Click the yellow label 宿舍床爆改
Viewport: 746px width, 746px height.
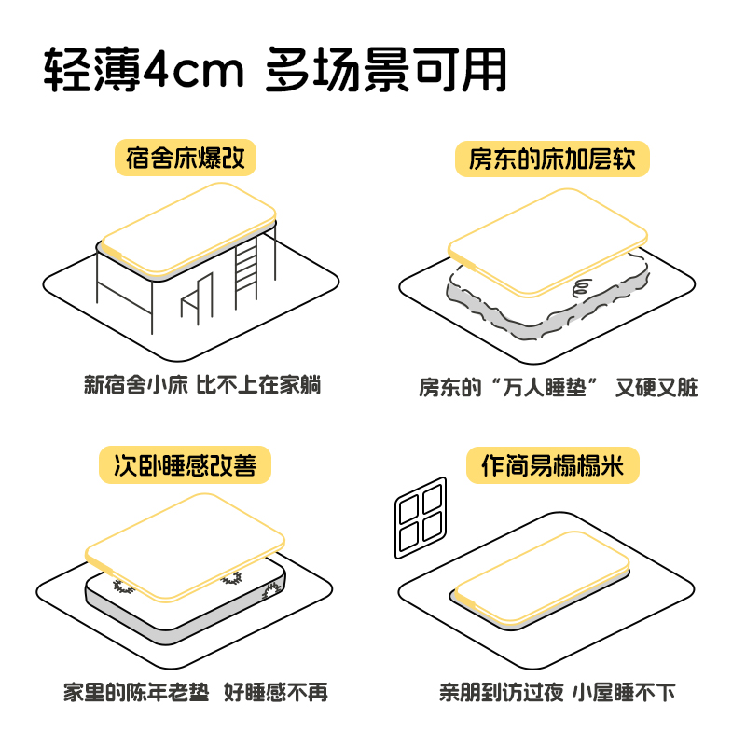186,157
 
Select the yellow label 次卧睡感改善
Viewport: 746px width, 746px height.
186,464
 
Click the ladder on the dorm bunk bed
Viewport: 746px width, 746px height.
247,270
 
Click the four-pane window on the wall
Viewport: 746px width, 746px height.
421,518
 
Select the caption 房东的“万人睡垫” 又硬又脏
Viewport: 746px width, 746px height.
558,387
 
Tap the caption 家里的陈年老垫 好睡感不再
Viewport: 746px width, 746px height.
196,692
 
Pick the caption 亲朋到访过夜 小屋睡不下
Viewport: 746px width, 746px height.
557,692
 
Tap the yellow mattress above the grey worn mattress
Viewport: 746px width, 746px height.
546,238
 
